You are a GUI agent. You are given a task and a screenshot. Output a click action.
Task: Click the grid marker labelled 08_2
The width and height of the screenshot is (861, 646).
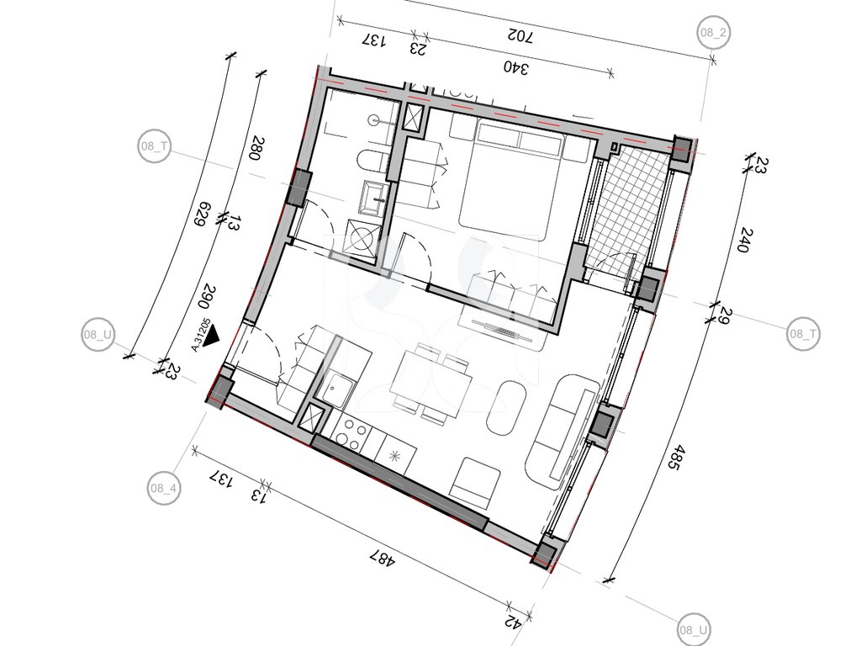pos(713,33)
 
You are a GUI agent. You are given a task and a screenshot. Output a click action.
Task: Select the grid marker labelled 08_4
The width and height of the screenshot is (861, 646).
pos(164,487)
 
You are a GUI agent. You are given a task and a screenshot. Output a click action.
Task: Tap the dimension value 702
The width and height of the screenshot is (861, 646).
pos(520,37)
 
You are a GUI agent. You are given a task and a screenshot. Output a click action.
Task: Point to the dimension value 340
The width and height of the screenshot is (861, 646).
pos(516,68)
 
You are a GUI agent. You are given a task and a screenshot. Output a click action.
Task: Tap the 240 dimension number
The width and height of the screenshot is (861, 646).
pos(743,240)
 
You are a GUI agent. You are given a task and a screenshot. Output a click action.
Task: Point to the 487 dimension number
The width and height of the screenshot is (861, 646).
pos(383,559)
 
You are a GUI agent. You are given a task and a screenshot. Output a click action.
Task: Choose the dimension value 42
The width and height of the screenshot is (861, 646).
pos(514,622)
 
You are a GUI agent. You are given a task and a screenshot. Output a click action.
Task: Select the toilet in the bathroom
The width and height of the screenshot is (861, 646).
pos(372,162)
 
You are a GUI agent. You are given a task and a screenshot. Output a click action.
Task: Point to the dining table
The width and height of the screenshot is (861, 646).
pos(430,384)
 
